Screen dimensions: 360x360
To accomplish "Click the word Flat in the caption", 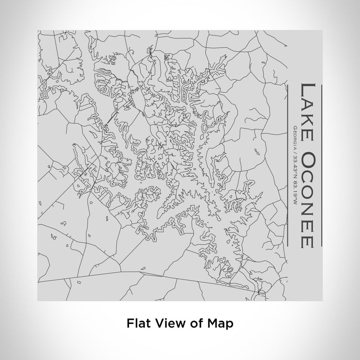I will [x=136, y=323].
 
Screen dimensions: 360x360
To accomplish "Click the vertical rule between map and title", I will [x=287, y=165].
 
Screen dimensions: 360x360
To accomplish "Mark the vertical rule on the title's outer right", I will [x=321, y=165].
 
